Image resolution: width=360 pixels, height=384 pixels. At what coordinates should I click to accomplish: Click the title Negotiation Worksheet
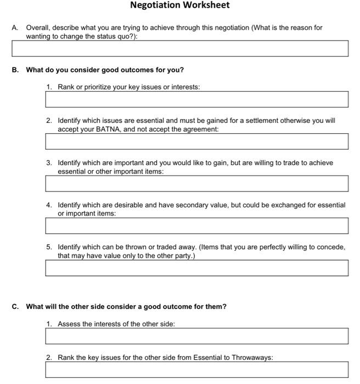pos(179,5)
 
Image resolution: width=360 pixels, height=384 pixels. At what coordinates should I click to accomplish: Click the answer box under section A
pos(179,48)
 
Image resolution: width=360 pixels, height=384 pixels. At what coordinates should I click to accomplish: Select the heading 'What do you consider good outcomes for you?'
pos(105,70)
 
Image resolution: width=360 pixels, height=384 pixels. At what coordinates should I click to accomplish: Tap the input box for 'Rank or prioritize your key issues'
pos(196,99)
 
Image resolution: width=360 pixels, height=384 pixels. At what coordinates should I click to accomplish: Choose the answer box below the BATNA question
pos(196,142)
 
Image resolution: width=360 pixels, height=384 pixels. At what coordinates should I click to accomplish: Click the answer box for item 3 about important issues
pos(196,184)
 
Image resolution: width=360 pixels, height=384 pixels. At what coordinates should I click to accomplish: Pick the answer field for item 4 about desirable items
pos(196,225)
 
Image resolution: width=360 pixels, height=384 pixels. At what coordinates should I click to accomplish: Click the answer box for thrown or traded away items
pos(196,268)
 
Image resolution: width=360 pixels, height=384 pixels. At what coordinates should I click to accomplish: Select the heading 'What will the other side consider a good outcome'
pos(126,307)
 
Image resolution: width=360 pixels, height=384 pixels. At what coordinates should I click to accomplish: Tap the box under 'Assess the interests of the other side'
pos(196,336)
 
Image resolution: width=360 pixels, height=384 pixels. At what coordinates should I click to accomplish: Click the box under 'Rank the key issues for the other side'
pos(196,370)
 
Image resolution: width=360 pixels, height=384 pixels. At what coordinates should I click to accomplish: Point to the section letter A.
pos(15,27)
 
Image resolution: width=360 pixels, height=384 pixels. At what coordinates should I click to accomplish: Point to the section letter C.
pos(15,307)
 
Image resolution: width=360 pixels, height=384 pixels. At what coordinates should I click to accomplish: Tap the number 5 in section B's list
pos(49,247)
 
